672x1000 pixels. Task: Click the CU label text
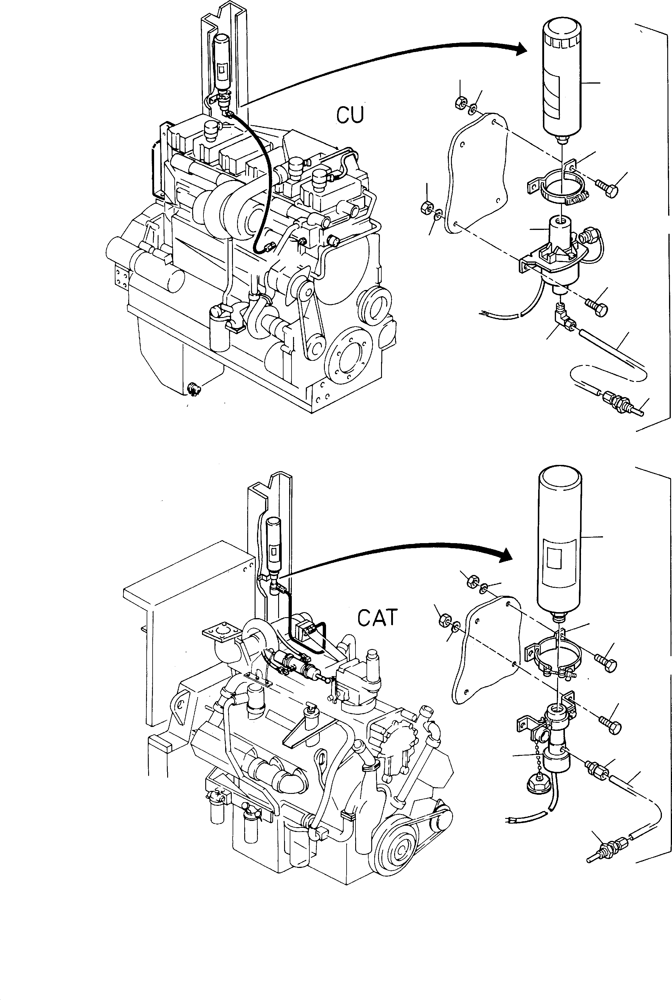pyautogui.click(x=350, y=115)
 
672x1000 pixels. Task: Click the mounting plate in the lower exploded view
pyautogui.click(x=486, y=651)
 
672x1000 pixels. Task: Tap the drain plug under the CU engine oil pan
pyautogui.click(x=193, y=389)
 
